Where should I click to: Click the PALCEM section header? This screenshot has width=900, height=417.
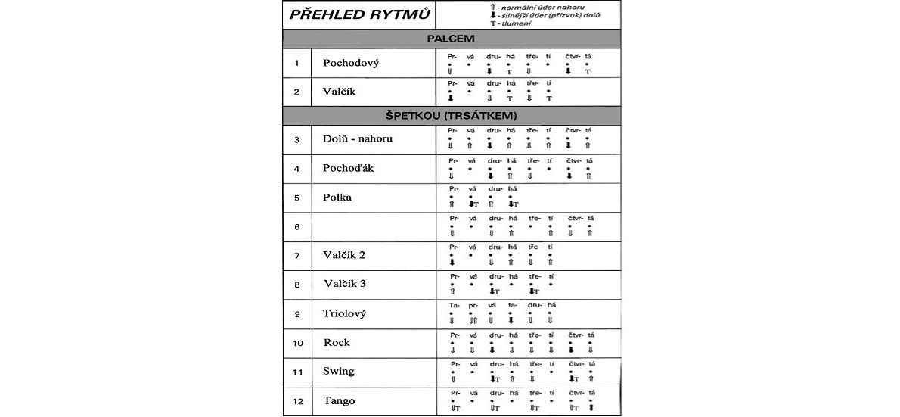452,38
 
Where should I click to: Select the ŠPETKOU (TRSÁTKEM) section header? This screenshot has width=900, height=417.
452,116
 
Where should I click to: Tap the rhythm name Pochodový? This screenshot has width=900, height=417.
350,63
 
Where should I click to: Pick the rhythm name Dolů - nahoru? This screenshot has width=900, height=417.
357,139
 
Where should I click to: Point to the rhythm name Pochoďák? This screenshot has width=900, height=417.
348,168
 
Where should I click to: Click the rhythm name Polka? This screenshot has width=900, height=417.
337,198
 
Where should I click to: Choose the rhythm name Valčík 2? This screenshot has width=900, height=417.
344,255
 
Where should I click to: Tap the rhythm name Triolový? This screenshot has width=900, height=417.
345,313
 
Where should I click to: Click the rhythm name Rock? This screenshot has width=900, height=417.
337,342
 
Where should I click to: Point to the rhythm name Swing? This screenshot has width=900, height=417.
338,372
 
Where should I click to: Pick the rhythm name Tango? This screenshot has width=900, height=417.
338,401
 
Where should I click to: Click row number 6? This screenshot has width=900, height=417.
297,226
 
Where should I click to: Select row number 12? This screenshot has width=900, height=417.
297,401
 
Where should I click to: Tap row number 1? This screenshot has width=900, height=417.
297,63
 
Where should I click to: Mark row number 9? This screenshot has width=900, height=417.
297,313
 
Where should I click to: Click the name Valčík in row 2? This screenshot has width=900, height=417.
338,92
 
